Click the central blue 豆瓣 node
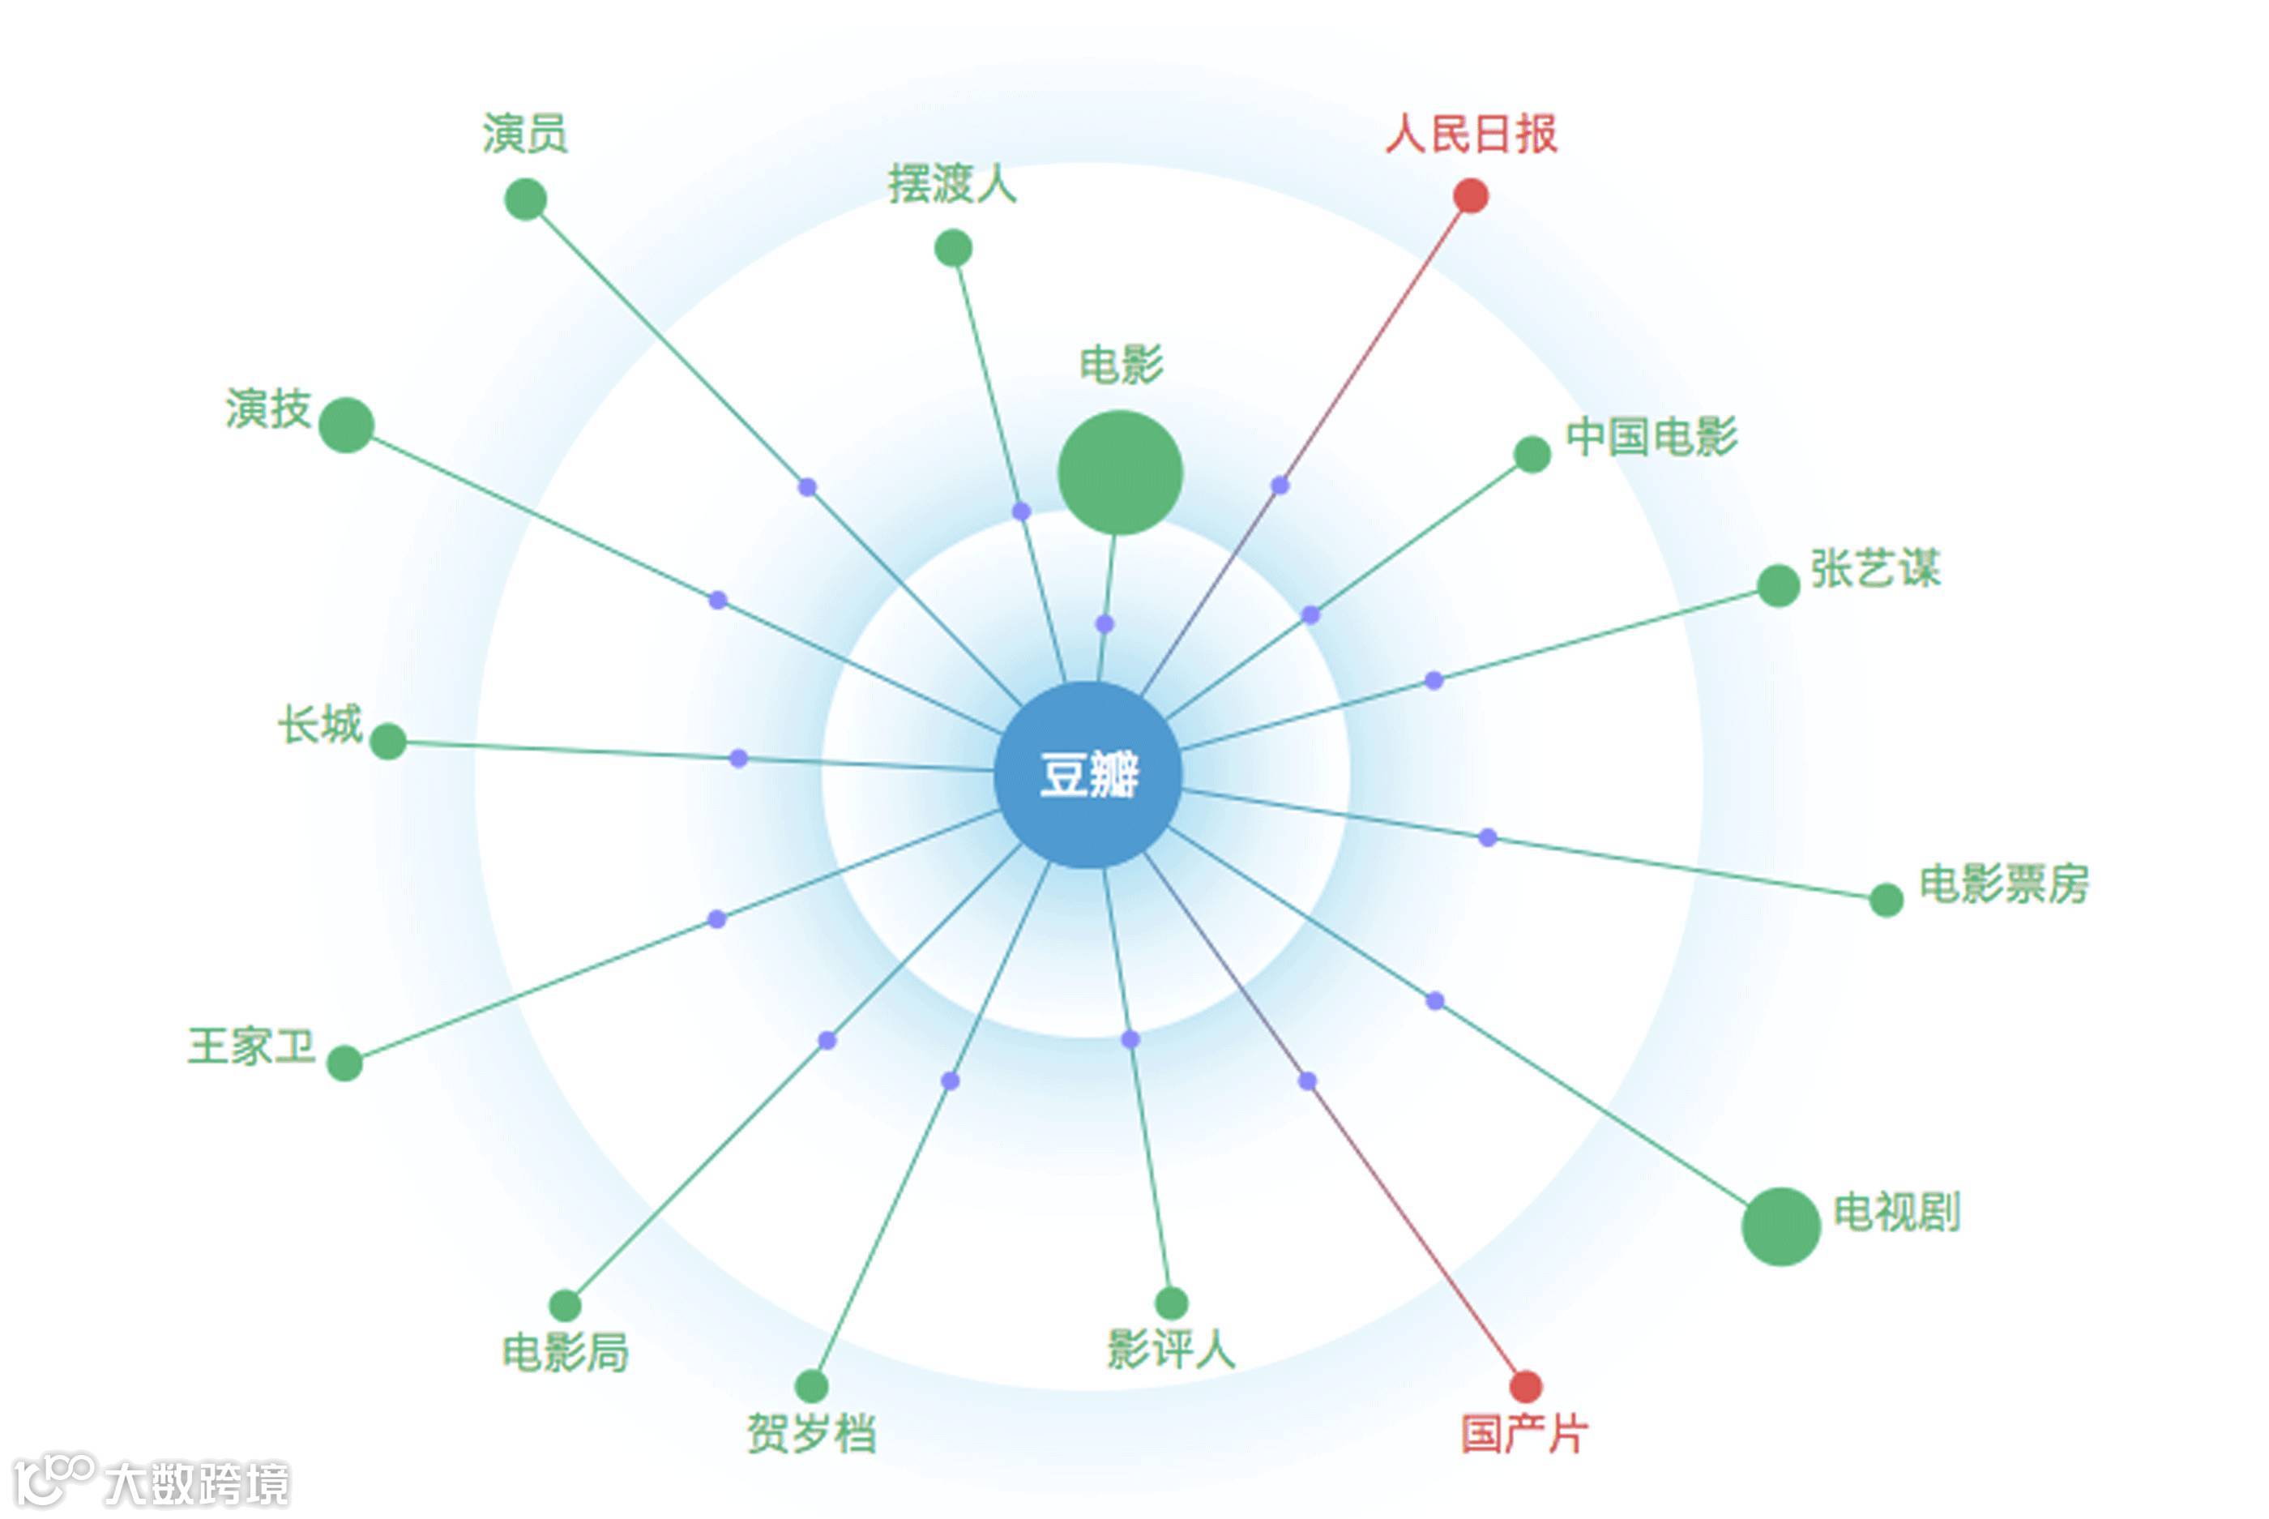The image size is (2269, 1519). pos(1087,774)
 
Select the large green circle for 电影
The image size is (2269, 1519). pos(1119,472)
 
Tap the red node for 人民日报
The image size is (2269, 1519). pos(1470,195)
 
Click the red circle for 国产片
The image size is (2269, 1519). pos(1525,1386)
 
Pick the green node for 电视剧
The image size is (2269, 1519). pos(1780,1226)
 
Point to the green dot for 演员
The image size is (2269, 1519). pos(526,199)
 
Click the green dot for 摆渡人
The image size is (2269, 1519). pos(953,248)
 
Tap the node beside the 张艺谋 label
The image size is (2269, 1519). pos(1778,585)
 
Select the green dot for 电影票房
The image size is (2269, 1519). pos(1886,899)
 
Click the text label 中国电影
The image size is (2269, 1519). pos(1652,436)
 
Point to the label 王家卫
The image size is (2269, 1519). pos(252,1046)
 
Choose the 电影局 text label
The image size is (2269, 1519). pos(565,1351)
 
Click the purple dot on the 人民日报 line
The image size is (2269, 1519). pos(1280,486)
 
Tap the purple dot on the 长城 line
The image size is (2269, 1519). pos(738,758)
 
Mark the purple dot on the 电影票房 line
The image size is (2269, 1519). pos(1488,837)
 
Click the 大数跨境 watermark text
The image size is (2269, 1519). pos(197,1483)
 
